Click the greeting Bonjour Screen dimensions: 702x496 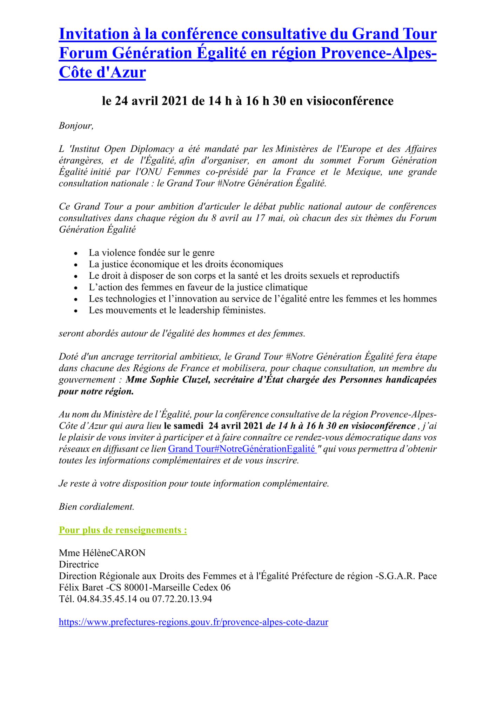pos(76,126)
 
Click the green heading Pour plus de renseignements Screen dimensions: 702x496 pos(123,530)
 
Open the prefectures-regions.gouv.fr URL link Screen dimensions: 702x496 pos(193,622)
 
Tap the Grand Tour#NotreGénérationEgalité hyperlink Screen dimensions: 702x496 pos(242,449)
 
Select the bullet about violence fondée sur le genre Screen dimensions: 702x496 pos(151,253)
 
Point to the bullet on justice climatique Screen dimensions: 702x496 pos(198,287)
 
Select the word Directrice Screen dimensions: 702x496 pos(79,564)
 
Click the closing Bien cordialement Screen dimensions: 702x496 pos(96,506)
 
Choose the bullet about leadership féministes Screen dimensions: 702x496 pos(177,310)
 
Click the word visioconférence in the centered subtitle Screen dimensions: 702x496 pos(350,101)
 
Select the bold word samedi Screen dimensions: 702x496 pos(189,426)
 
